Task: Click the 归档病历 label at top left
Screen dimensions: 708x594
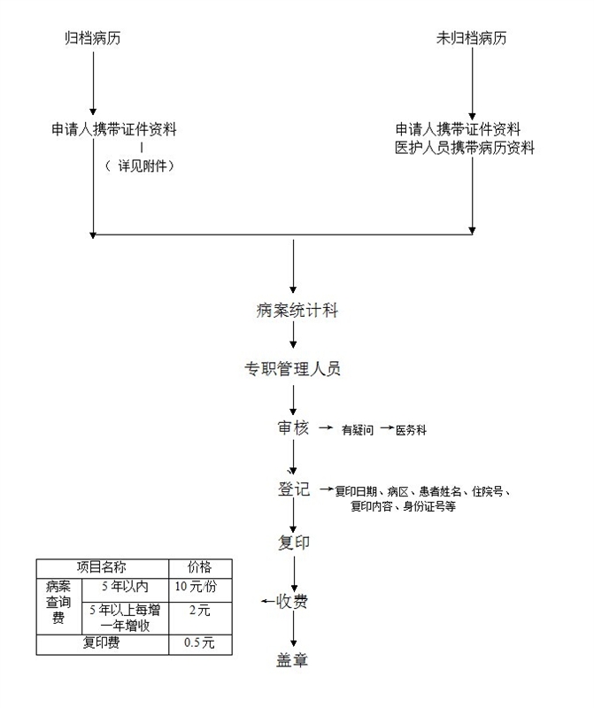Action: click(93, 39)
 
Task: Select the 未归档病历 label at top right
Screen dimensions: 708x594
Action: click(472, 39)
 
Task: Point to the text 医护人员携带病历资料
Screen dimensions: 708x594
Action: click(465, 148)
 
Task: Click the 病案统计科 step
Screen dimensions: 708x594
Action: click(297, 310)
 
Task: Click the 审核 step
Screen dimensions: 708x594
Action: click(293, 428)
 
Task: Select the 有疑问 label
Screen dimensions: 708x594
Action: click(359, 430)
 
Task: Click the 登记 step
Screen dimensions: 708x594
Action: click(293, 489)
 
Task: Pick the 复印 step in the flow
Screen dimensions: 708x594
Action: click(293, 542)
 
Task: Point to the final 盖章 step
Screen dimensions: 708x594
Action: click(292, 660)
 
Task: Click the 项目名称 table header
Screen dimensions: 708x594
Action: click(102, 567)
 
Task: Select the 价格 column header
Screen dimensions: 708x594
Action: click(199, 567)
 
